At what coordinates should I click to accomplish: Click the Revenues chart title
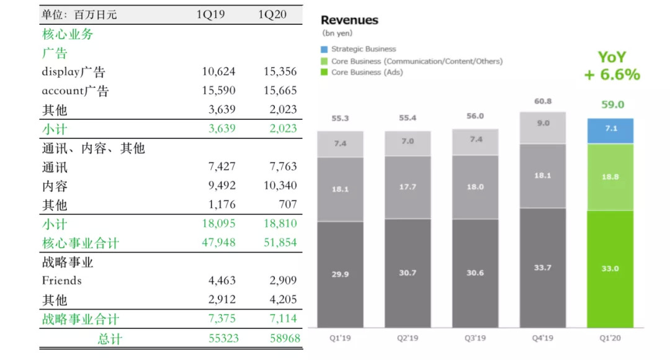(x=349, y=20)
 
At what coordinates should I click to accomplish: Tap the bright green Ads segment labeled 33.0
(x=610, y=268)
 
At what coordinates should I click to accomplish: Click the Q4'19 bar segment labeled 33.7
(x=542, y=268)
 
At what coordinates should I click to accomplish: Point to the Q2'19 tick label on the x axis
(x=407, y=339)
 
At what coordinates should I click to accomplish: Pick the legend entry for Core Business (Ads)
(x=367, y=72)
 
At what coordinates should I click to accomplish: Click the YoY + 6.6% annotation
(x=612, y=66)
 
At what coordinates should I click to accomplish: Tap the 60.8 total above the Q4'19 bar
(x=542, y=101)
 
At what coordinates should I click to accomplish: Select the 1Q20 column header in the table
(x=272, y=14)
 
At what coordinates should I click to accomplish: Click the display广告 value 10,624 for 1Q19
(x=218, y=71)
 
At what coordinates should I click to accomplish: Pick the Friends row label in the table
(x=61, y=281)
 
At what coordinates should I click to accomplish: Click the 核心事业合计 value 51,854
(x=280, y=243)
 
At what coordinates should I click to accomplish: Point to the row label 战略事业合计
(x=80, y=320)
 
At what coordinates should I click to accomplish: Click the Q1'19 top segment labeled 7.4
(x=340, y=143)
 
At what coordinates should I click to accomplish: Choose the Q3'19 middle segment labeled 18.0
(x=475, y=186)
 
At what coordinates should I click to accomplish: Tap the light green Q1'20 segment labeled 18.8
(x=610, y=177)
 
